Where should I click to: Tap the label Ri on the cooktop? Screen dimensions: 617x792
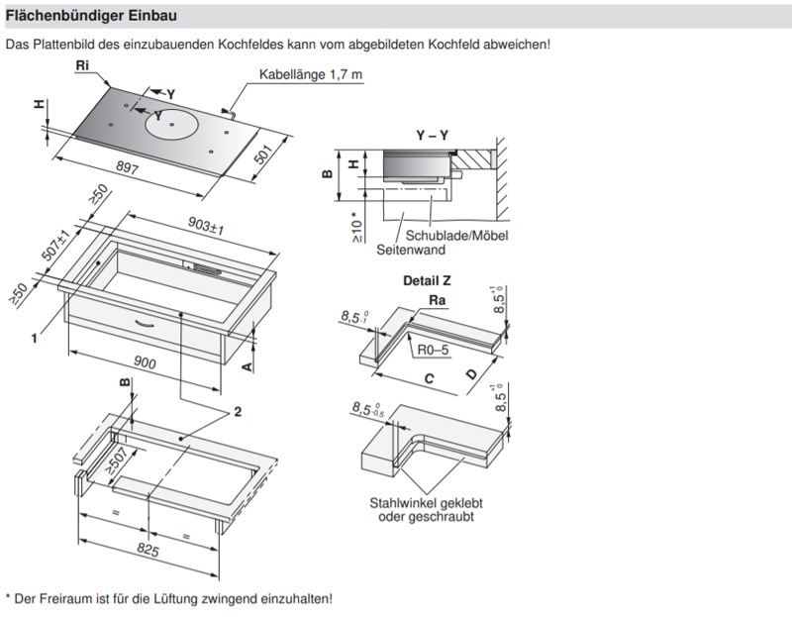pos(83,64)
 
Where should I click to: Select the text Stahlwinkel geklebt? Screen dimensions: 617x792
pos(425,503)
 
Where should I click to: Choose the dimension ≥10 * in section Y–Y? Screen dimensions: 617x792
pos(355,227)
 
